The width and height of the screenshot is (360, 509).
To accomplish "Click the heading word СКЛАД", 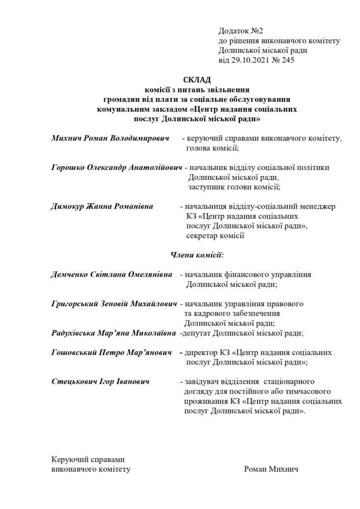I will tap(197, 80).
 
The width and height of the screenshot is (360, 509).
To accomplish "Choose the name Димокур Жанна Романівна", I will tap(102, 206).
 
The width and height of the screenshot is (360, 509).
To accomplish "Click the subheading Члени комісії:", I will tap(197, 255).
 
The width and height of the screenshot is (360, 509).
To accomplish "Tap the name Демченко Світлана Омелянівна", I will tap(112, 274).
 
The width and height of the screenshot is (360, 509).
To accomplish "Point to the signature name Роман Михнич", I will tap(271, 469).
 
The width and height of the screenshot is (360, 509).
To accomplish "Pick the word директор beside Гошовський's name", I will tap(201, 352).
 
